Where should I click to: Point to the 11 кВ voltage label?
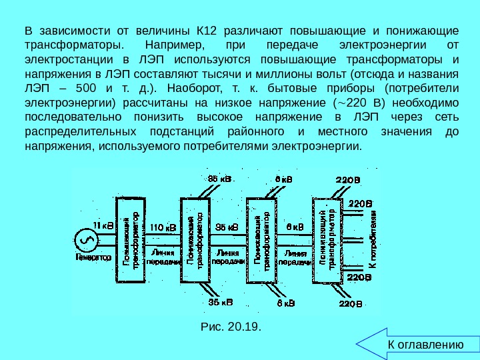tap(103, 225)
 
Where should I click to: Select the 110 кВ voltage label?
tap(163, 227)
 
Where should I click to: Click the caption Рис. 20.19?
tap(231, 327)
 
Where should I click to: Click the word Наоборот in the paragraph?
tap(190, 88)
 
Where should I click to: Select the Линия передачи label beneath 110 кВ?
tap(163, 257)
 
